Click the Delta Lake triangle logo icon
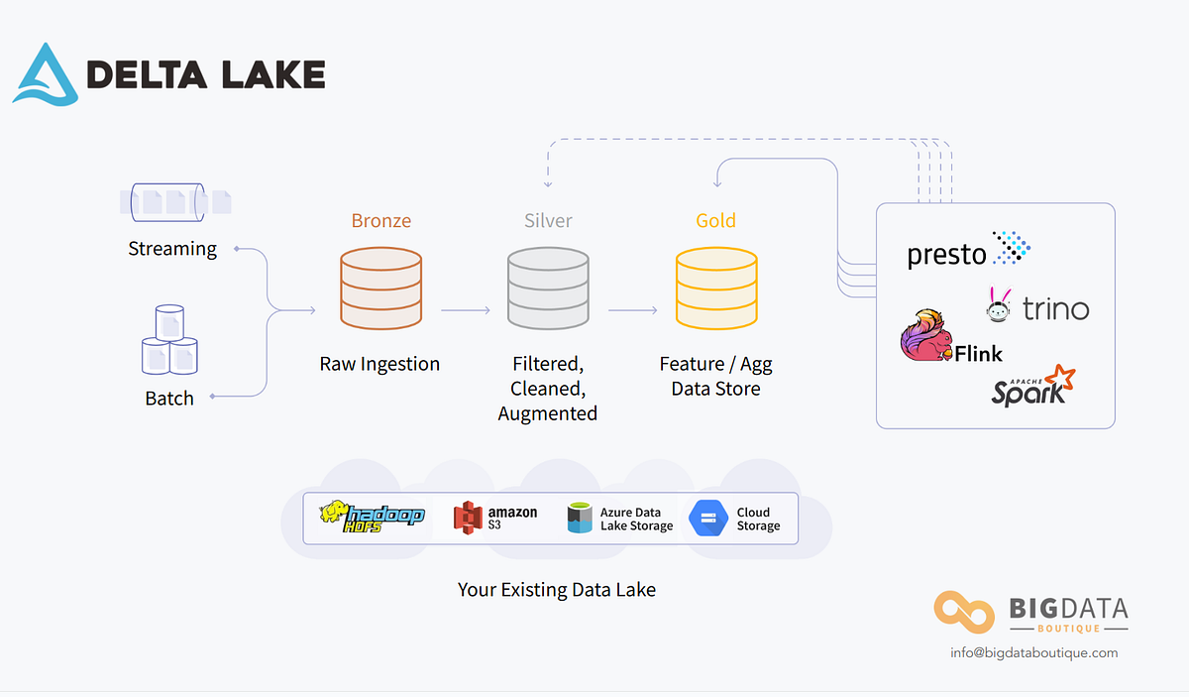tap(46, 73)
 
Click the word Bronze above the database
tap(380, 220)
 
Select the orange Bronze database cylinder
tap(380, 289)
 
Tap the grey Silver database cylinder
tap(548, 289)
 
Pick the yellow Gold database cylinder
tap(716, 289)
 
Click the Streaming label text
tap(172, 249)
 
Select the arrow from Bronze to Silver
tap(466, 310)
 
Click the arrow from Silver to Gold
tap(633, 310)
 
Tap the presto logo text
tap(946, 255)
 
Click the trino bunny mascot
tap(999, 305)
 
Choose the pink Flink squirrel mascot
tap(925, 335)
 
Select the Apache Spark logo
tap(1033, 386)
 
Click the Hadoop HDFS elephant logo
tap(372, 516)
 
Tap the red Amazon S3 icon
tap(467, 518)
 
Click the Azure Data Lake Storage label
tap(636, 519)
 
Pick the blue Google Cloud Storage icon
tap(708, 519)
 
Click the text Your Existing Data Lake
tap(556, 590)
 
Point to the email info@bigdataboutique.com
tap(1033, 652)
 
